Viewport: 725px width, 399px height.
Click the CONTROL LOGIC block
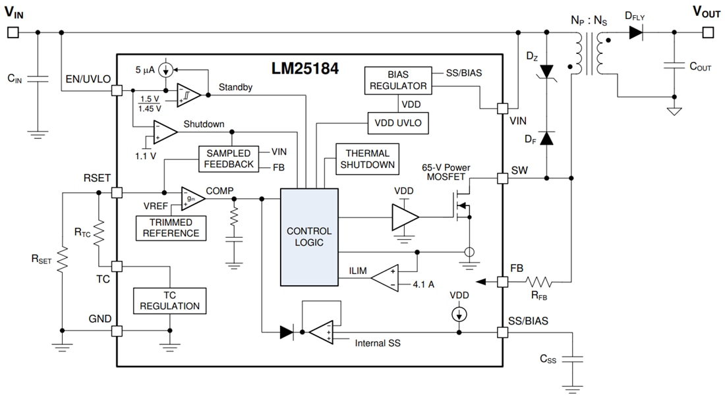point(309,237)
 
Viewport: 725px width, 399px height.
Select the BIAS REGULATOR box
point(397,80)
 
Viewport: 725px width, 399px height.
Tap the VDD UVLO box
point(397,122)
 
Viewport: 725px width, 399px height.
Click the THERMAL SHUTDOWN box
point(368,159)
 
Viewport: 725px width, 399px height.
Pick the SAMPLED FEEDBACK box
point(229,158)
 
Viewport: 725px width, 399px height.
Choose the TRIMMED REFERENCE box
point(171,228)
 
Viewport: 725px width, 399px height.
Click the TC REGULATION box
point(169,300)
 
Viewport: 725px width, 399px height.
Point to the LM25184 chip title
point(305,68)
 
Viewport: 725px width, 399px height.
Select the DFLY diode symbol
point(635,32)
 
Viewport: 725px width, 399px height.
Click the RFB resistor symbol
point(538,282)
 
